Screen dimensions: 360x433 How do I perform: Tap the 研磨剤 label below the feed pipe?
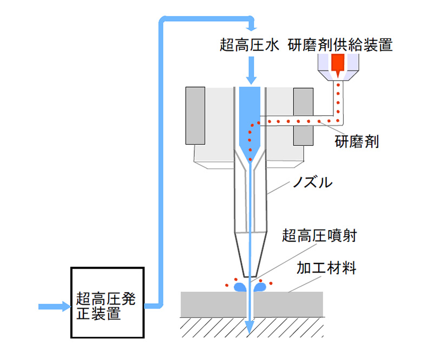[357, 142]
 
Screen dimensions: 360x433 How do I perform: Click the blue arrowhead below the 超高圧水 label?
[250, 78]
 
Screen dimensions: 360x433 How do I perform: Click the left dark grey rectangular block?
[195, 116]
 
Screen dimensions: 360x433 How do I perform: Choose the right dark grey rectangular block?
[303, 116]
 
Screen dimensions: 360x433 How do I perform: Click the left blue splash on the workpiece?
[240, 287]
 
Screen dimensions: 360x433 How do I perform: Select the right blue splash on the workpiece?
[260, 287]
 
